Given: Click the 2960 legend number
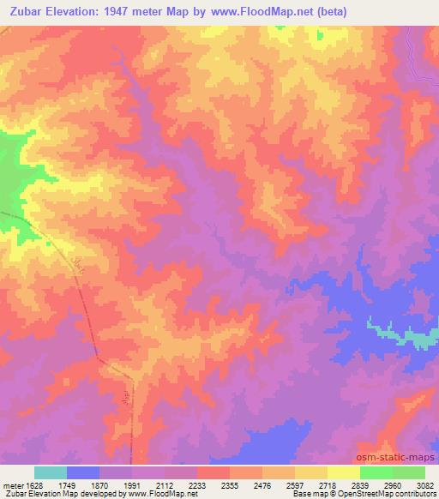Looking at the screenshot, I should pos(406,484).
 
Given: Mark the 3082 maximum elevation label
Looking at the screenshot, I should pos(425,484).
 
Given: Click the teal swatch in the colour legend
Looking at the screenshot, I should pos(51,472).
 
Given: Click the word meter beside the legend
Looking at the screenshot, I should pos(11,484).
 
